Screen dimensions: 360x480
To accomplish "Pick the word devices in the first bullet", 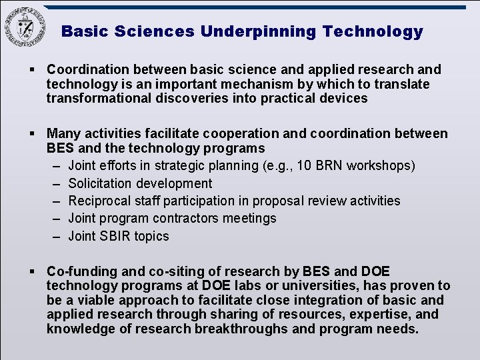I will [343, 99].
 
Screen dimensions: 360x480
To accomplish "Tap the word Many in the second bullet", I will [63, 134].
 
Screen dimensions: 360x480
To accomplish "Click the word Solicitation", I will [101, 183].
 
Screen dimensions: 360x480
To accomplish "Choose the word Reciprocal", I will [100, 201].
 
